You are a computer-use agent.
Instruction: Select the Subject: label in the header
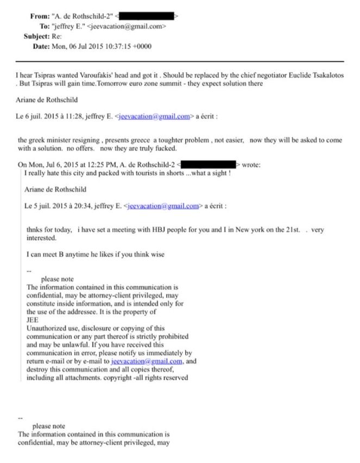[37, 36]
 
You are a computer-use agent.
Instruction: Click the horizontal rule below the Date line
[180, 61]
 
